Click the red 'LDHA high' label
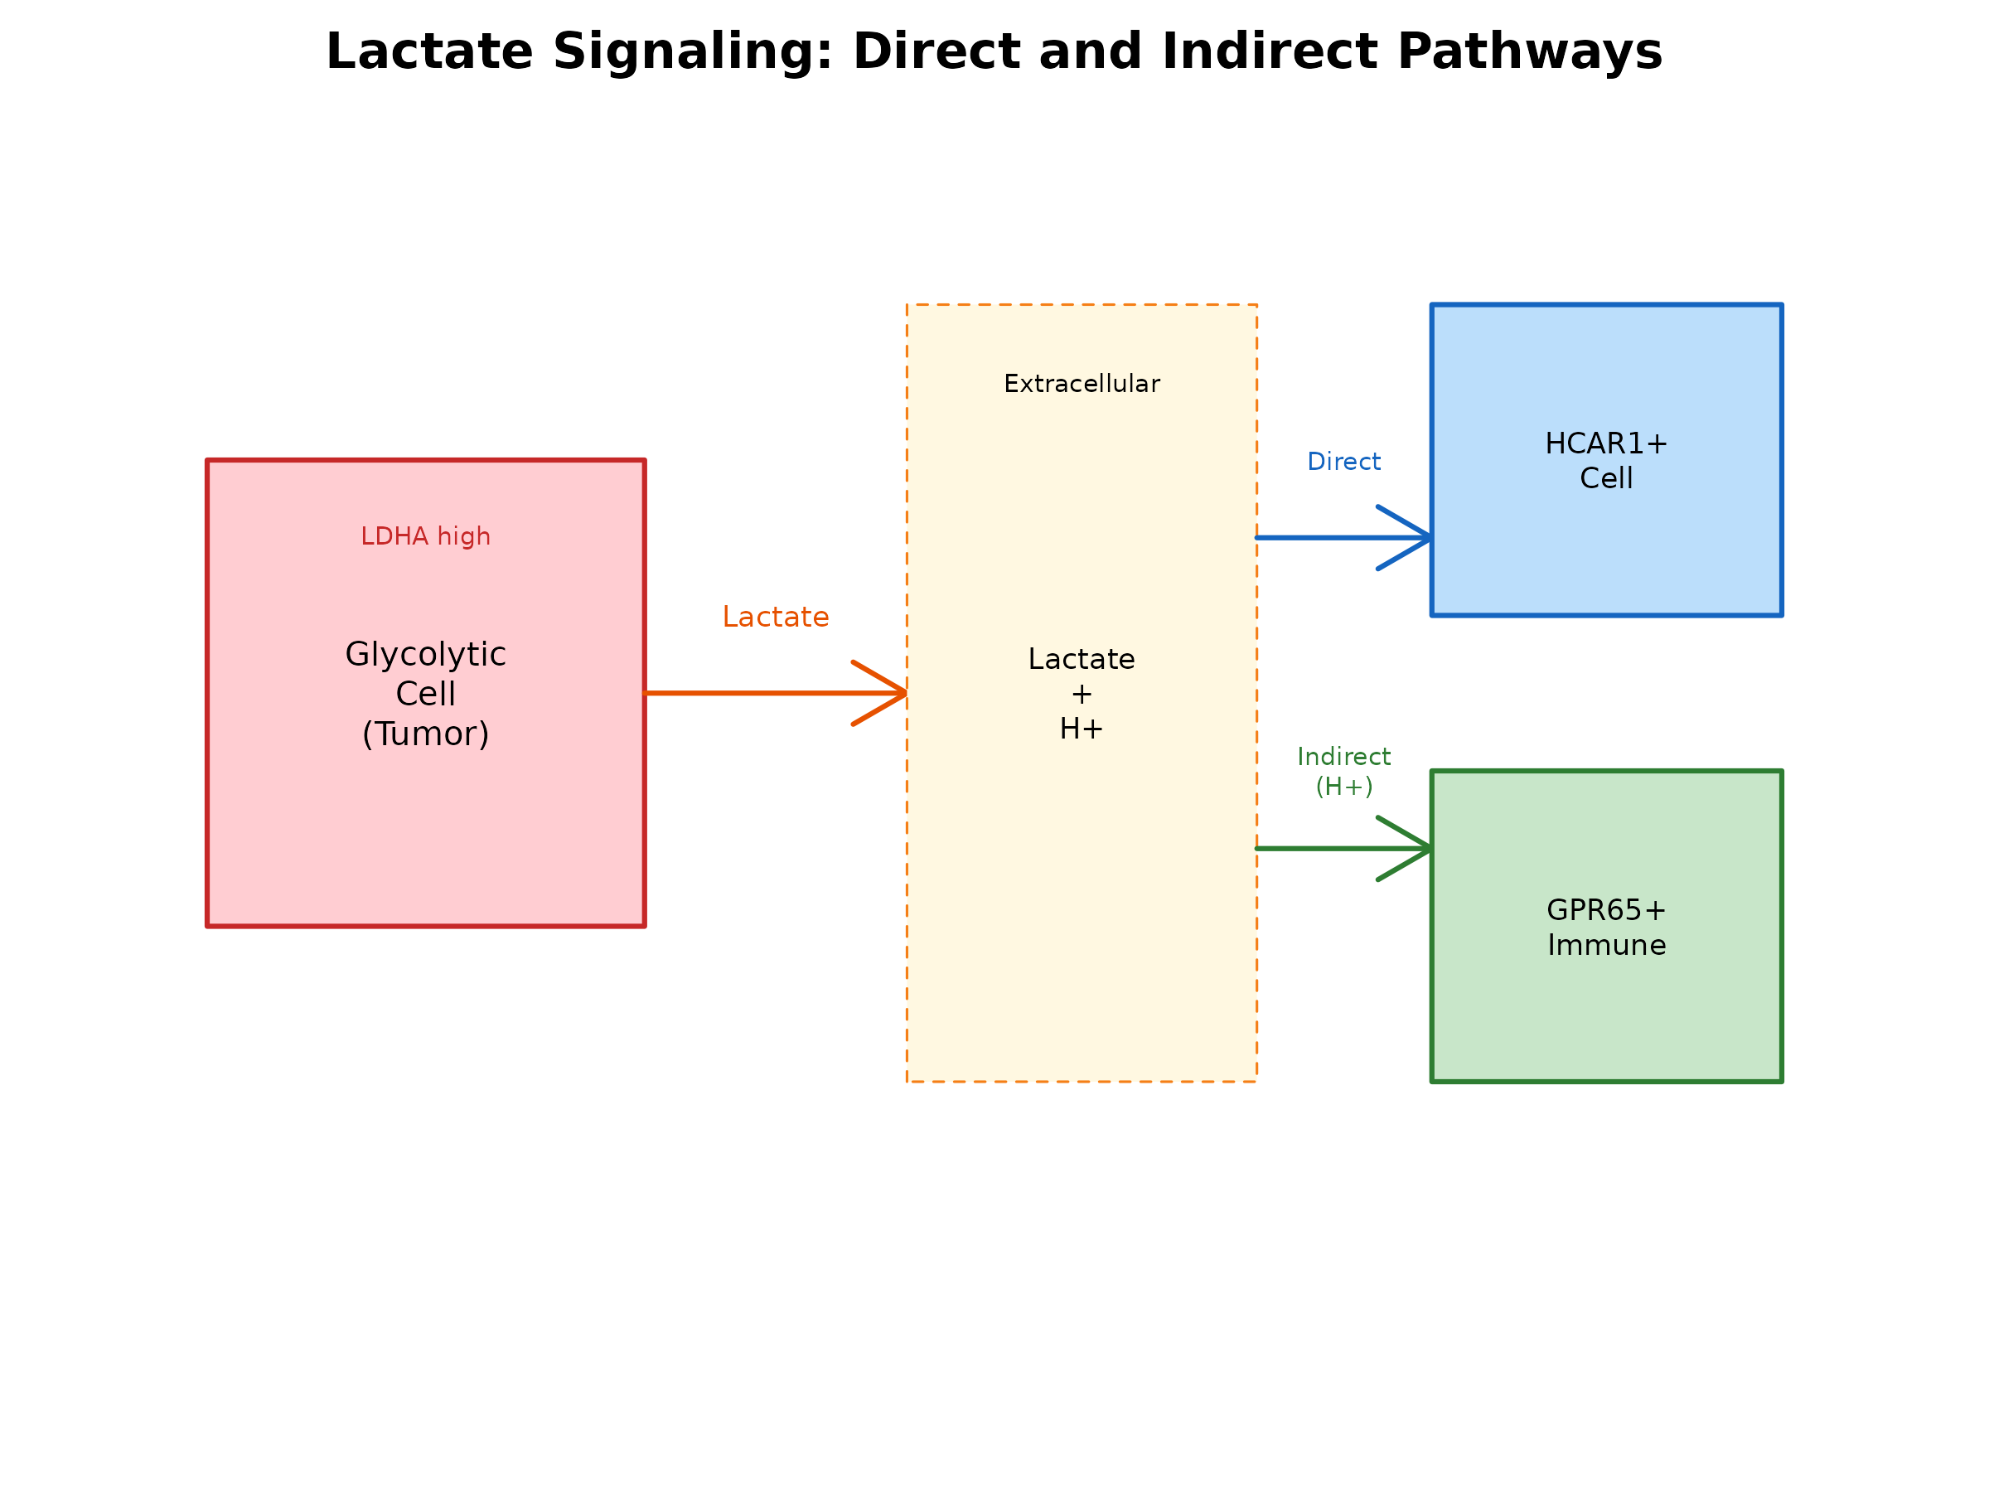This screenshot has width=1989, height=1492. click(425, 537)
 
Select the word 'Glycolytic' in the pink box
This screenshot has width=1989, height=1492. click(425, 655)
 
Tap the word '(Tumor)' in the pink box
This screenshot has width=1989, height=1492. click(425, 734)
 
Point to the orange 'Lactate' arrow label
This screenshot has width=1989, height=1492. click(775, 617)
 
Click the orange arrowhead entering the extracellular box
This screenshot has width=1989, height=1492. click(890, 694)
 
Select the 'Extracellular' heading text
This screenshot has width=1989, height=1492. click(1082, 384)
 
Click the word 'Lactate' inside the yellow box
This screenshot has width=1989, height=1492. click(1081, 659)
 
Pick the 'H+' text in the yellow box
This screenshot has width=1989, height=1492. click(1081, 729)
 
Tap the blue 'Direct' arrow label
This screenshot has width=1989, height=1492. click(1343, 462)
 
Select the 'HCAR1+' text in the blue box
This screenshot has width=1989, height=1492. click(1606, 443)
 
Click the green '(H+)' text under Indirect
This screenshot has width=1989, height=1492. click(1343, 786)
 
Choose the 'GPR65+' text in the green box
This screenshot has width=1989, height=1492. click(1606, 910)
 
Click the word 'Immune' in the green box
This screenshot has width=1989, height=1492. click(1606, 945)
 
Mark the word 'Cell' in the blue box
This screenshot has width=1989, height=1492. click(1606, 478)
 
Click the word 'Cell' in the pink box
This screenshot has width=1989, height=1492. click(425, 695)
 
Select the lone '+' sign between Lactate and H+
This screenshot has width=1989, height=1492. click(1081, 695)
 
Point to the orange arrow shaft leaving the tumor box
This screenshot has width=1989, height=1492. click(747, 694)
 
